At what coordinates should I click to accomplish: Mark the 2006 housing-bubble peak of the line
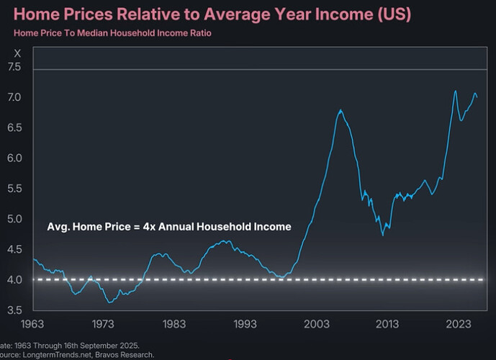point(341,109)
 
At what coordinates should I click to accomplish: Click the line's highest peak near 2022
point(455,91)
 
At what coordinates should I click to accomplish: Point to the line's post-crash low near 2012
point(382,235)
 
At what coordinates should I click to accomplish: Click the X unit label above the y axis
point(18,53)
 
